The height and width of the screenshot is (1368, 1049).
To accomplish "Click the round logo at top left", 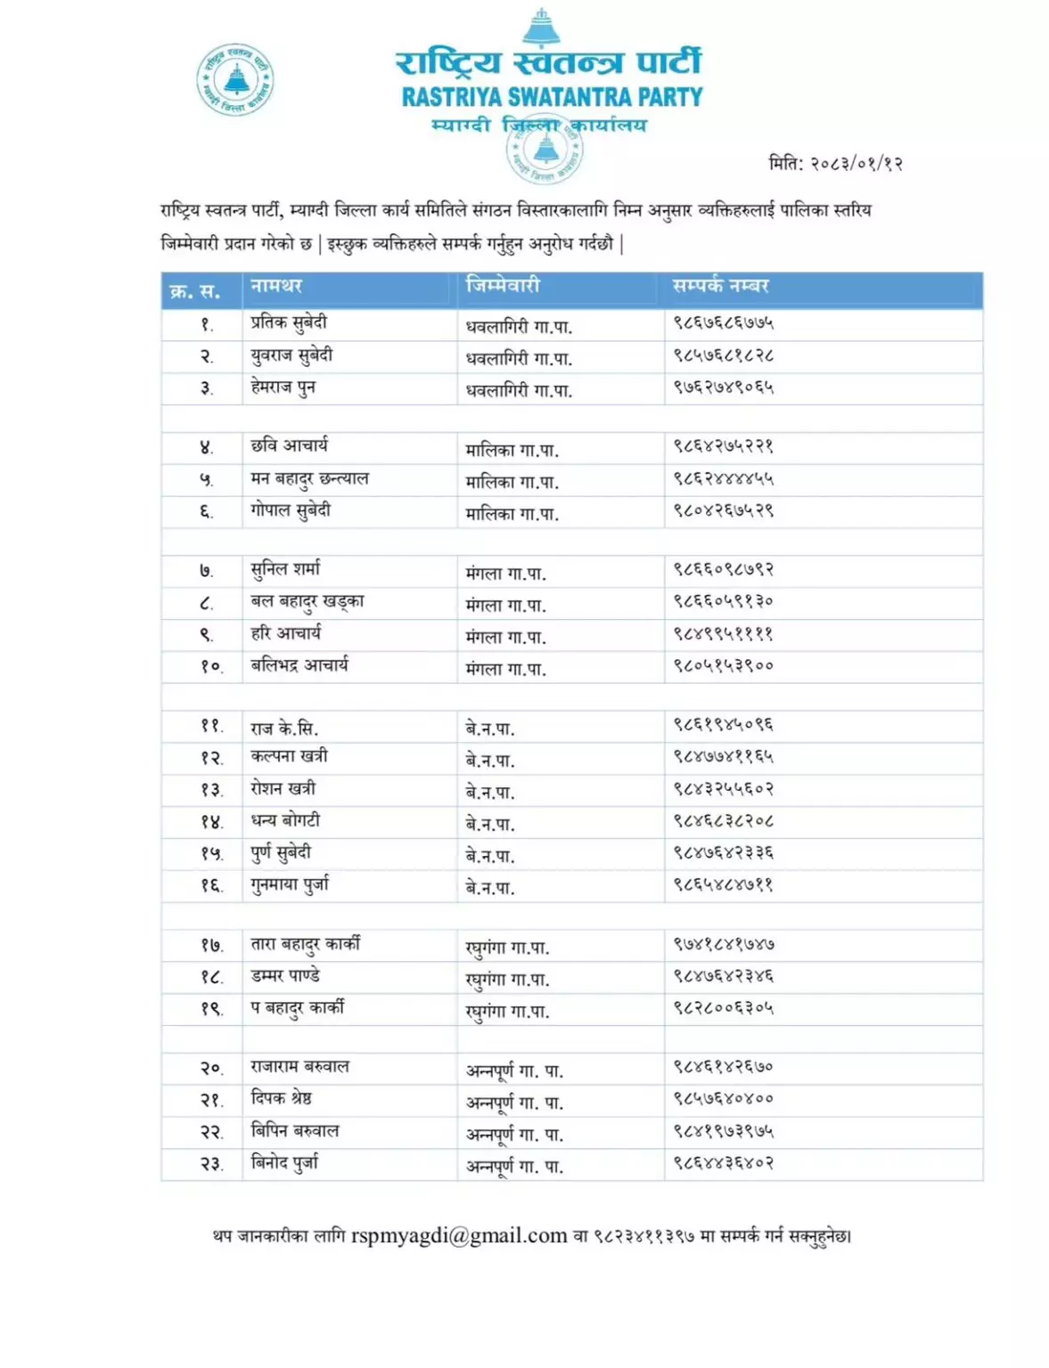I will click(234, 79).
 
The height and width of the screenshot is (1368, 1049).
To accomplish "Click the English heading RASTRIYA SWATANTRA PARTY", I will click(552, 96).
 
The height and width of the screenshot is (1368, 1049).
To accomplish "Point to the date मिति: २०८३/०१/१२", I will click(835, 163).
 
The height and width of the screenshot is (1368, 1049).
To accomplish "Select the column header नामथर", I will click(276, 286).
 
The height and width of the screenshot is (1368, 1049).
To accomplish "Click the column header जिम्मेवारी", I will click(503, 285).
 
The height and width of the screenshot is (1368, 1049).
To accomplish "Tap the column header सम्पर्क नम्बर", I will click(720, 286).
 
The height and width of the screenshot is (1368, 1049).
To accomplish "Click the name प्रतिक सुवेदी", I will click(289, 323).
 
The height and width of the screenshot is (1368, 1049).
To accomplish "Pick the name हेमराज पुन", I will click(283, 387).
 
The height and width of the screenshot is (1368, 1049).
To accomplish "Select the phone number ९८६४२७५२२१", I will click(723, 446).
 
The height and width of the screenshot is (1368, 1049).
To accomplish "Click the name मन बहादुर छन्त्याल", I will click(309, 479).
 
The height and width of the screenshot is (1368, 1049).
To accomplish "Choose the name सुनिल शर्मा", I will click(285, 569).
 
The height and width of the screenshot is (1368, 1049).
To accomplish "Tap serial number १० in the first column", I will click(211, 666).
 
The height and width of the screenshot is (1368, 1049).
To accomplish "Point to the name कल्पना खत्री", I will click(289, 756).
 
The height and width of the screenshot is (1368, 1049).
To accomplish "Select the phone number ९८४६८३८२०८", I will click(723, 821).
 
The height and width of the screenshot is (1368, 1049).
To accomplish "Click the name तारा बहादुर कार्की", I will click(305, 944).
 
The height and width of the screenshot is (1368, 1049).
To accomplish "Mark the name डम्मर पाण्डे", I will click(285, 976).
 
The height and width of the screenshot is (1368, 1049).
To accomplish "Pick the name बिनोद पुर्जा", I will click(284, 1163).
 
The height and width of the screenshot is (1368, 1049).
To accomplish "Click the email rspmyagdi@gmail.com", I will click(459, 1236).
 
